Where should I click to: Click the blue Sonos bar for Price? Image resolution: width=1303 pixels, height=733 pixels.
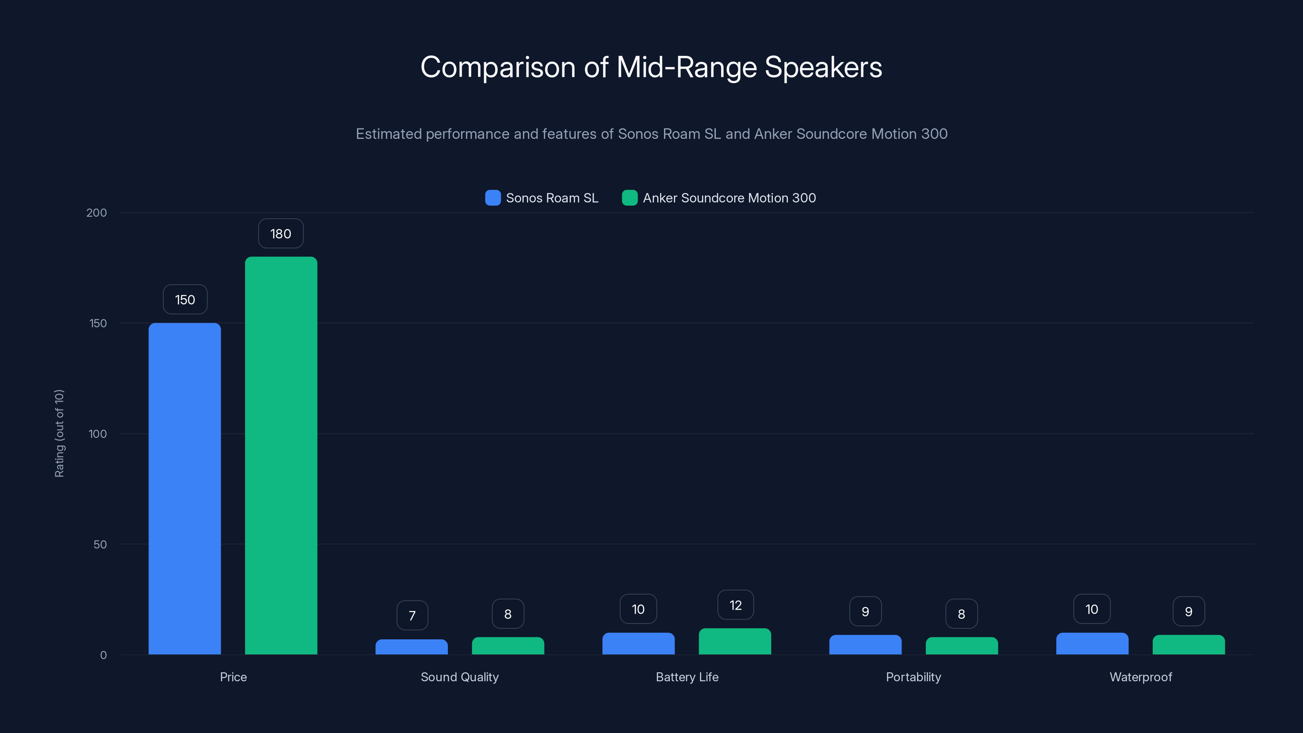pyautogui.click(x=184, y=488)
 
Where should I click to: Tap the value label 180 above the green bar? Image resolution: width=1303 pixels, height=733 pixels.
pyautogui.click(x=281, y=233)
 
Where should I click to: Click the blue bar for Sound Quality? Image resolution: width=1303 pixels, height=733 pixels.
pyautogui.click(x=411, y=647)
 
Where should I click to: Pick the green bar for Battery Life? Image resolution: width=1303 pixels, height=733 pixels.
pyautogui.click(x=735, y=641)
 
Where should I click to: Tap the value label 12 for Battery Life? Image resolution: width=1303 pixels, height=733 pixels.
pyautogui.click(x=735, y=605)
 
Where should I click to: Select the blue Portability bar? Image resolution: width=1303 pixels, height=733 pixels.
pyautogui.click(x=865, y=645)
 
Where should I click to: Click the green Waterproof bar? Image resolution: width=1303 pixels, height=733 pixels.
pyautogui.click(x=1188, y=645)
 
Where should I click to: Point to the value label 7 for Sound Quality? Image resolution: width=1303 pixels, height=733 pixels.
pyautogui.click(x=412, y=615)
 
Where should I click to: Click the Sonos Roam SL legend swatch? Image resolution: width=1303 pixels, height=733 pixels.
pyautogui.click(x=493, y=198)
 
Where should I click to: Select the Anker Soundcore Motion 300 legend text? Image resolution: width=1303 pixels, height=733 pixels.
pyautogui.click(x=729, y=198)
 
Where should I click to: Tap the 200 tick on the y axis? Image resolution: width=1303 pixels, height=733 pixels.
pyautogui.click(x=97, y=213)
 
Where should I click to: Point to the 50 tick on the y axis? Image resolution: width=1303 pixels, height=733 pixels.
pyautogui.click(x=100, y=544)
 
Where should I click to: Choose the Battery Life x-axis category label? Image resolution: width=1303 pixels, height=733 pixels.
pyautogui.click(x=687, y=677)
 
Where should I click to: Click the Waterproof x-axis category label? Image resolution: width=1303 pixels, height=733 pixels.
pyautogui.click(x=1140, y=677)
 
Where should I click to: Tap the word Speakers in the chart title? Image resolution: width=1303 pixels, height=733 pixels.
pyautogui.click(x=823, y=67)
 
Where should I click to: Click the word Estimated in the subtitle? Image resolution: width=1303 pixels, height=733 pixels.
pyautogui.click(x=388, y=134)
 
